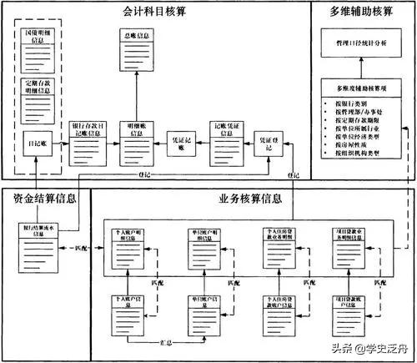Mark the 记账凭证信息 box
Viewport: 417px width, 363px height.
coord(224,131)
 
